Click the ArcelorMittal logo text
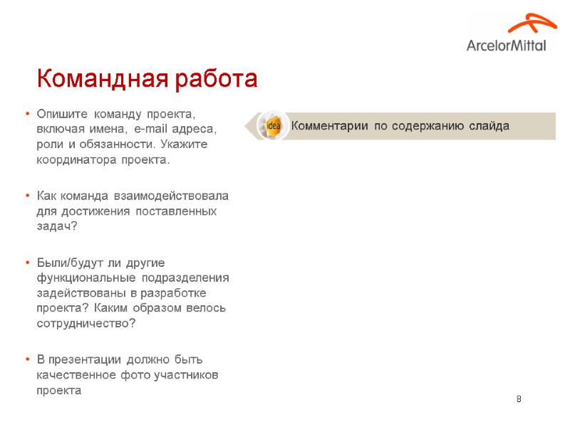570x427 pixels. (x=507, y=45)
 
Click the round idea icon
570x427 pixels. (x=272, y=126)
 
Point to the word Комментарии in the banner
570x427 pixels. (x=329, y=126)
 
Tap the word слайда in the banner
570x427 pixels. (x=489, y=126)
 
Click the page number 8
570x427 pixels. (x=519, y=398)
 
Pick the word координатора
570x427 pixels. (x=74, y=160)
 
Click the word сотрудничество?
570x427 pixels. (x=85, y=324)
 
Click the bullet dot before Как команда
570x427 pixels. (x=26, y=196)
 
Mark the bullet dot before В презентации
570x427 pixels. (x=26, y=359)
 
